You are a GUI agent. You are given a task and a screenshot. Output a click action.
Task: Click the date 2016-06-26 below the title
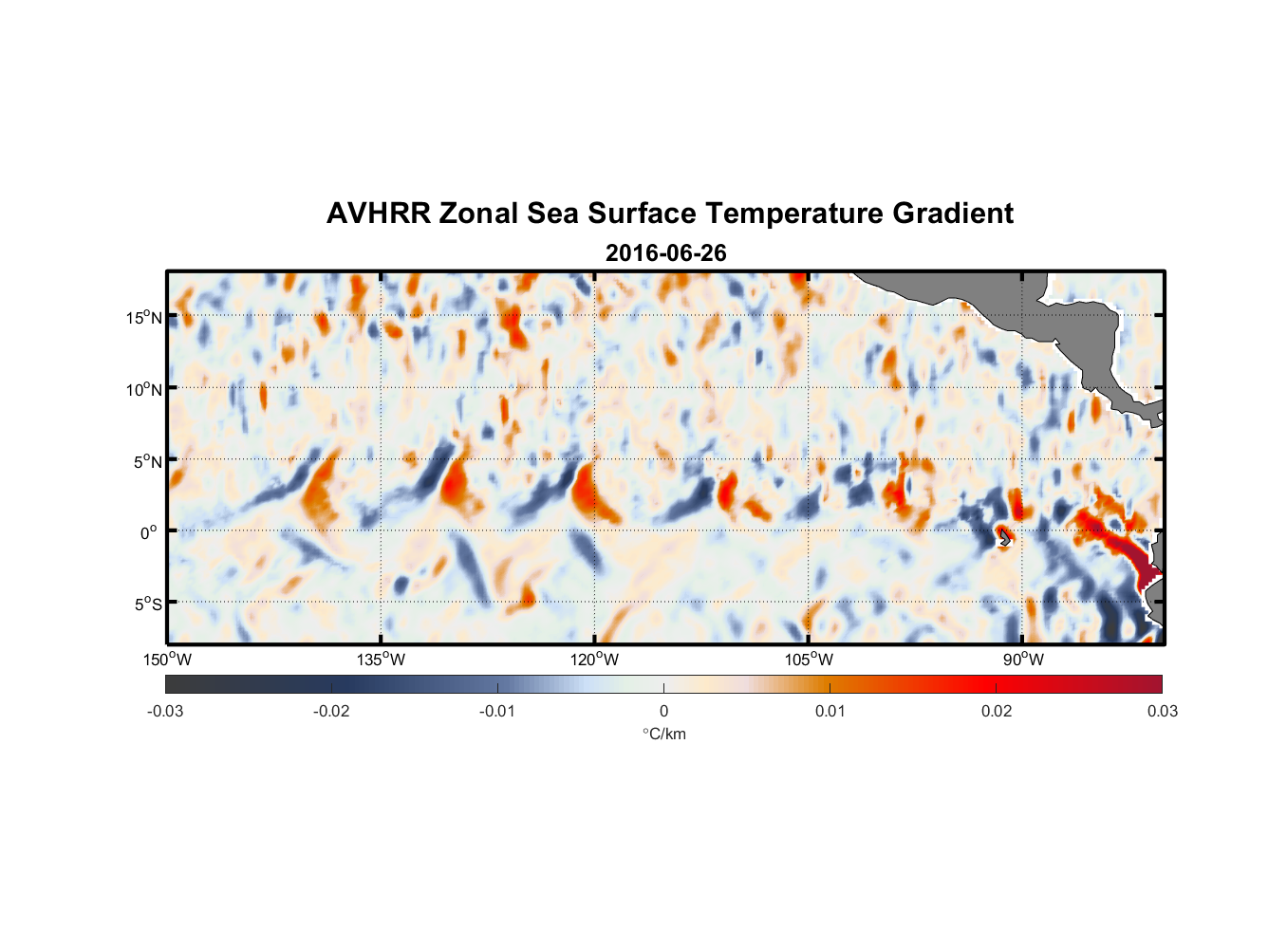(x=665, y=253)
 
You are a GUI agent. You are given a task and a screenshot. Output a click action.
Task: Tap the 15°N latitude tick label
(x=143, y=317)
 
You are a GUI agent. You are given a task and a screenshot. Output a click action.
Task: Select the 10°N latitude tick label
(x=143, y=389)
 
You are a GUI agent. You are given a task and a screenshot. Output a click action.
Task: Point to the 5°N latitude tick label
(x=147, y=461)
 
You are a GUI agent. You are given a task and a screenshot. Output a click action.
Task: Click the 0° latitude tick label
(x=149, y=532)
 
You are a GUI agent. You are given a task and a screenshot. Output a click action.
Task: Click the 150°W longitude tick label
(x=167, y=660)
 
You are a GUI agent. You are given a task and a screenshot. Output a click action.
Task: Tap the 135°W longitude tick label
(x=381, y=660)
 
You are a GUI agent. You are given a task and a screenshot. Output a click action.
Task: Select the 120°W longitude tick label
(x=594, y=660)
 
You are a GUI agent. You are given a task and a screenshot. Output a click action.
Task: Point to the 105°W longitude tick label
(x=809, y=660)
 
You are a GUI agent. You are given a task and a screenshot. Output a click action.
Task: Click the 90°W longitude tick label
(x=1022, y=660)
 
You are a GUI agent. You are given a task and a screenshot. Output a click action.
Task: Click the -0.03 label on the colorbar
(x=165, y=711)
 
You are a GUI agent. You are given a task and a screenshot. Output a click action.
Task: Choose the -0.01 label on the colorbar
(x=497, y=711)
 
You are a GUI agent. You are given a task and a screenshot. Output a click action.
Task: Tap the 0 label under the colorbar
(x=663, y=711)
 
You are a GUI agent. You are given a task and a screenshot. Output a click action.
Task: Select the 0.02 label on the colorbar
(x=996, y=711)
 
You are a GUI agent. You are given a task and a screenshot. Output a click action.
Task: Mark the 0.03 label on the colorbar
(x=1162, y=711)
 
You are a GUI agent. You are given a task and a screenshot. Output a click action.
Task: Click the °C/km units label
(x=663, y=734)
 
